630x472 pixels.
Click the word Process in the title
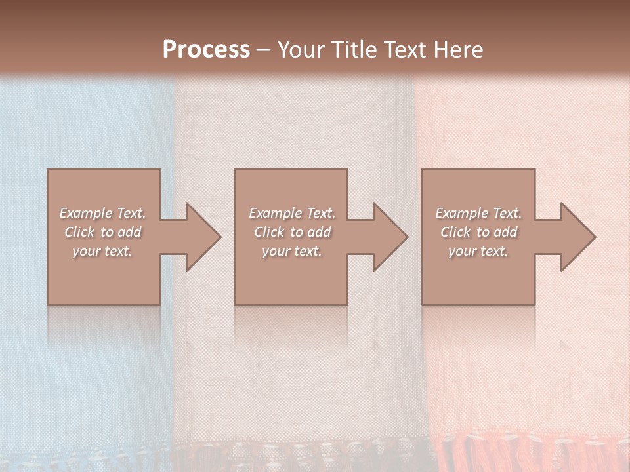pos(206,50)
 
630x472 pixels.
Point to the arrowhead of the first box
pos(199,237)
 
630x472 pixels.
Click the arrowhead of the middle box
pos(387,237)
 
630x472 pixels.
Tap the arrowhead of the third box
pos(574,237)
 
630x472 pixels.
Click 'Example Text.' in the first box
pos(103,213)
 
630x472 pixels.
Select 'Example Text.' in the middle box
pos(292,213)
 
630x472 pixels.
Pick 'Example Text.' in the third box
pos(478,213)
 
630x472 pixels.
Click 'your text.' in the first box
pos(102,251)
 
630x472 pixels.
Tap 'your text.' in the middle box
pos(292,251)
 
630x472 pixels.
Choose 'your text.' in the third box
pos(478,251)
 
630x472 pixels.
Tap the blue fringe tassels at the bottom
pos(79,459)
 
